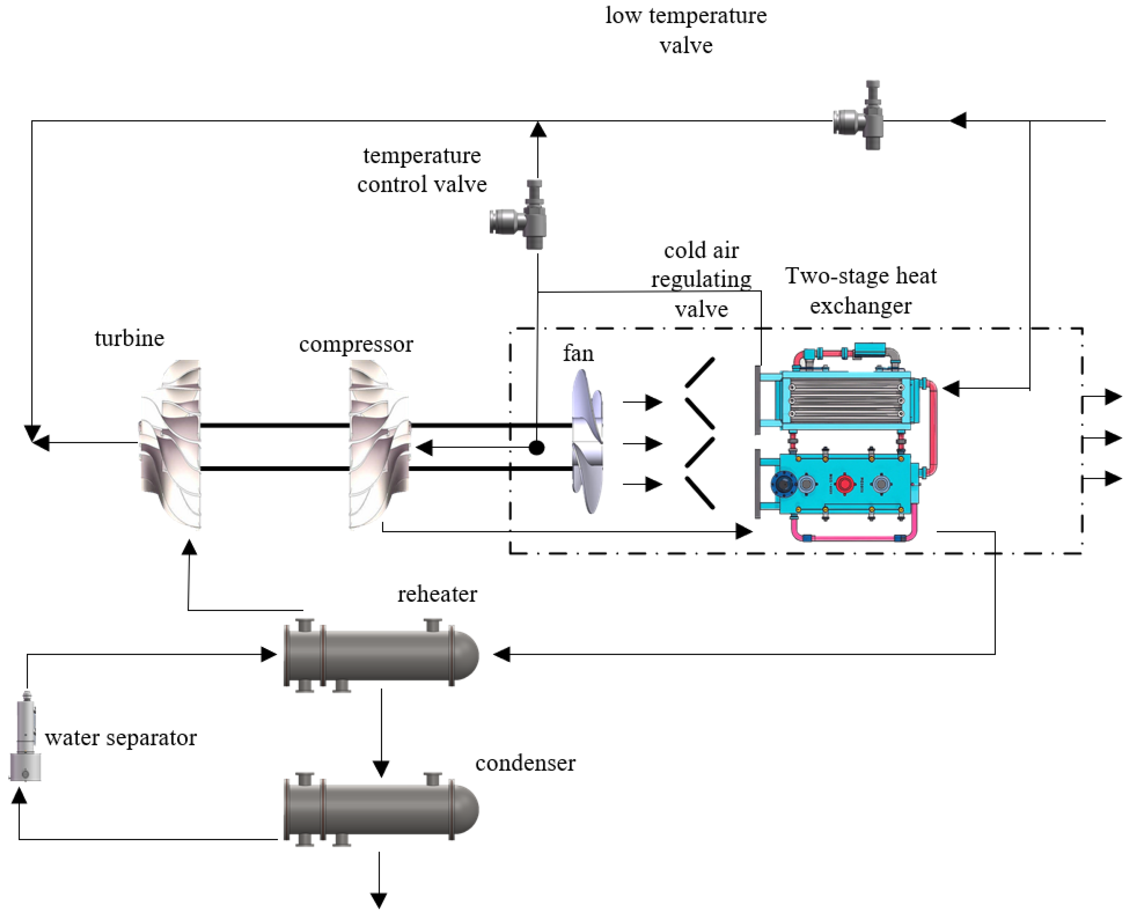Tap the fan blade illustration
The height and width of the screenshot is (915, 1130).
pos(588,442)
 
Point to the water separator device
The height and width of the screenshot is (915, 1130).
pos(25,737)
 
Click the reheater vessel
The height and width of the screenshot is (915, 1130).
pos(380,655)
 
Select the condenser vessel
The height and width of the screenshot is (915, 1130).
pos(380,810)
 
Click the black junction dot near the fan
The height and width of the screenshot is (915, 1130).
pos(536,448)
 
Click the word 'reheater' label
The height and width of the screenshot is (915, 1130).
pos(437,594)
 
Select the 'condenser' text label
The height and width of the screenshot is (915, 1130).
pos(525,763)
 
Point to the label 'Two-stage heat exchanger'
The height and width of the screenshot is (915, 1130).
pos(861,290)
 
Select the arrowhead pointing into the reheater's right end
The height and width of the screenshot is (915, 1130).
pos(502,655)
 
